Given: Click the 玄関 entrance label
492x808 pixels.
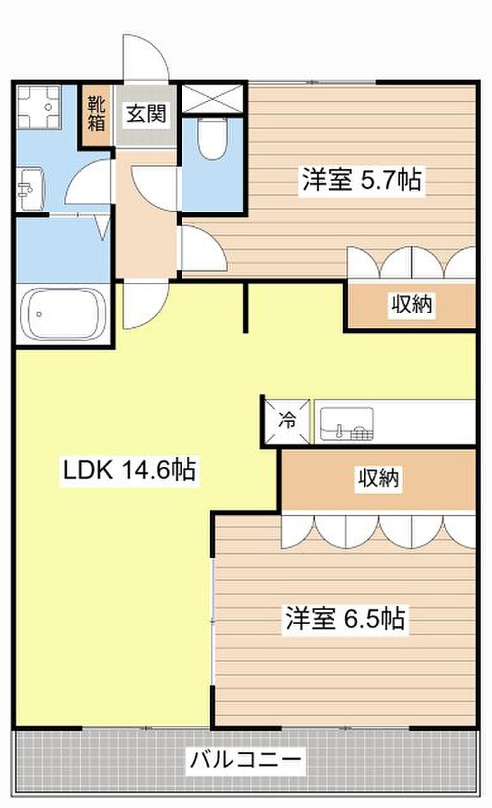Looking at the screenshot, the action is point(146,113).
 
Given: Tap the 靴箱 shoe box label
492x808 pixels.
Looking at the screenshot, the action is point(96,114).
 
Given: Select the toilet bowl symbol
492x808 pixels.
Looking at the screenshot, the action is point(212,138).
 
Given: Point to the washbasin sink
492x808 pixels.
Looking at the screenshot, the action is point(31,189).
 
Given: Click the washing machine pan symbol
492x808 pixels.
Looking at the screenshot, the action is point(39,107).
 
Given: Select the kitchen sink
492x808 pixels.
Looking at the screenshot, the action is point(347,424).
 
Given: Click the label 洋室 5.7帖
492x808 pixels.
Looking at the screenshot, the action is point(361,180).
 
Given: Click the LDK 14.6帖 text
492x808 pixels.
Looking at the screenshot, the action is point(129,470).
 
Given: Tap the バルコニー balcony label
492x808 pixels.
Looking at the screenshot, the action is point(245,759).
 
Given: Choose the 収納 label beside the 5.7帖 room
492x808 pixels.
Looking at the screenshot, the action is point(411,304).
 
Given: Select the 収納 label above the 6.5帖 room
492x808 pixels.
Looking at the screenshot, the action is point(379,478).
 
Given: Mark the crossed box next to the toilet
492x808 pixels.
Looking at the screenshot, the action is point(212,98).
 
